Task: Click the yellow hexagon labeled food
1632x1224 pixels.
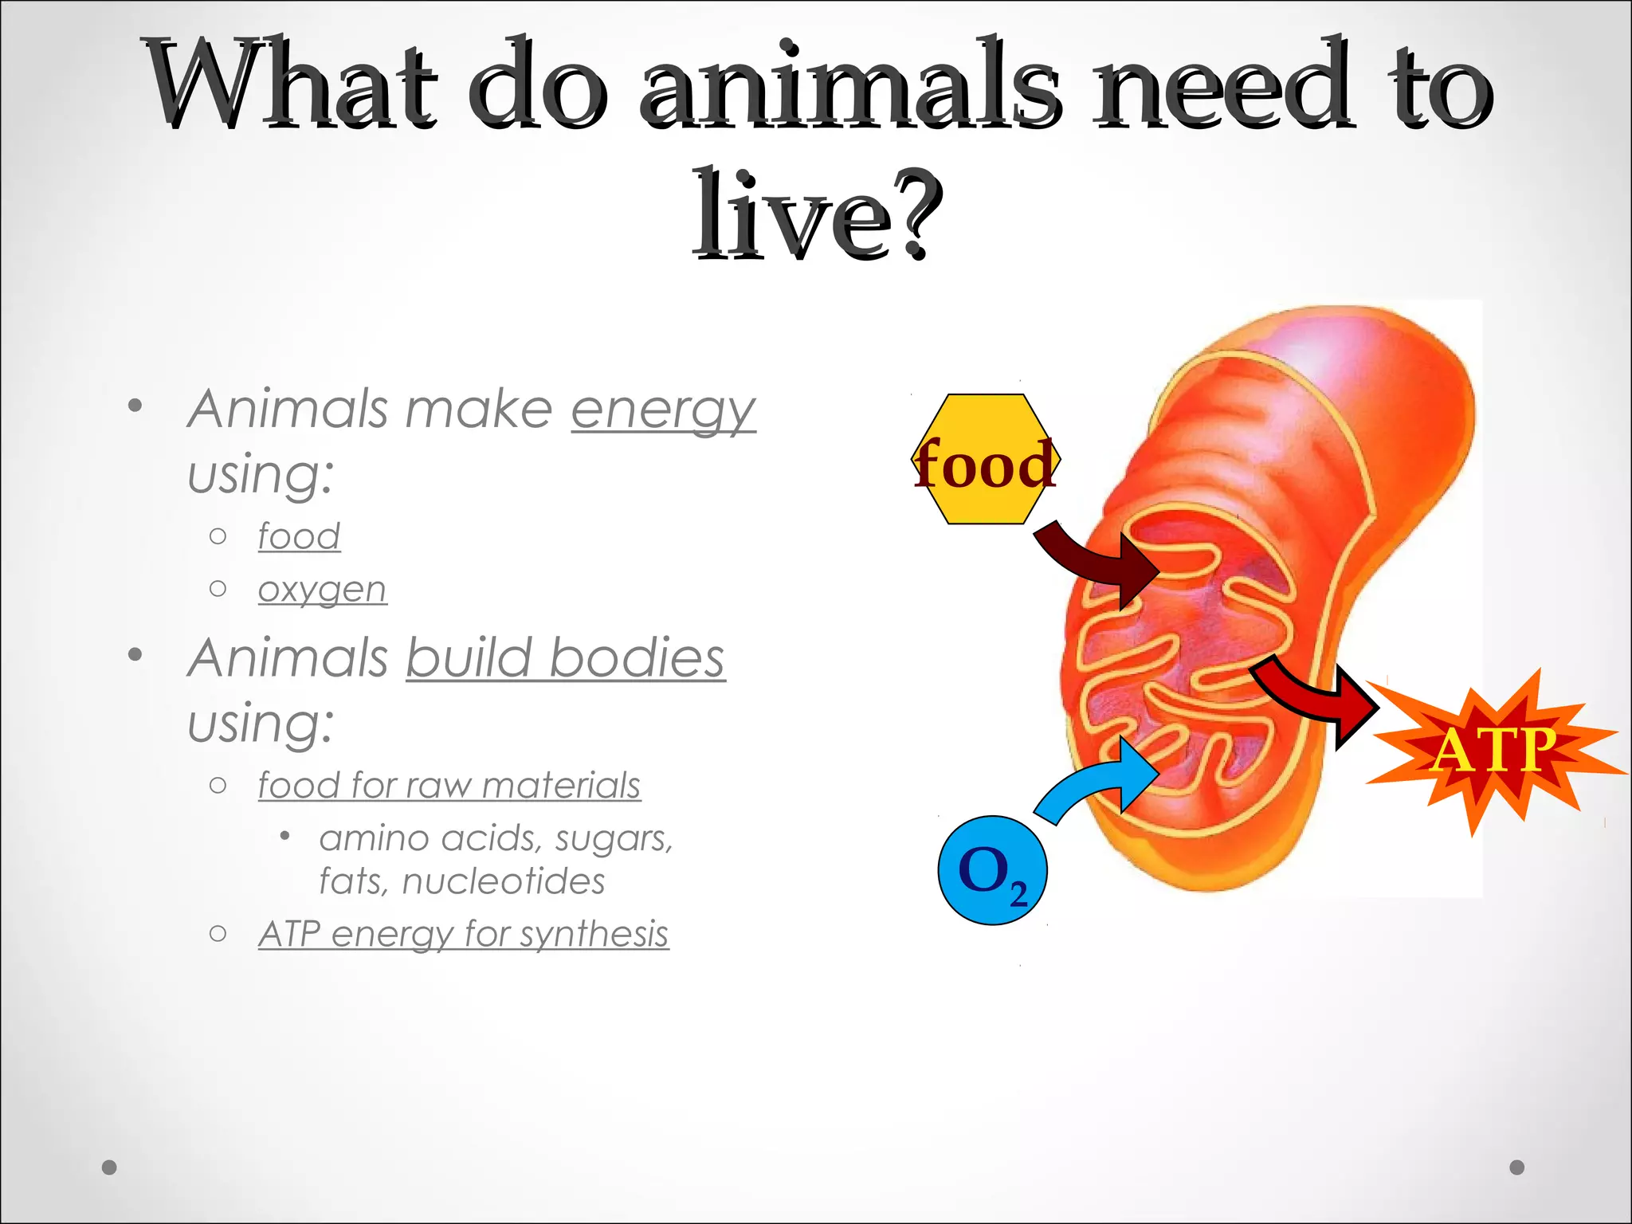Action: (985, 459)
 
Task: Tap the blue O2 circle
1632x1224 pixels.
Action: (992, 870)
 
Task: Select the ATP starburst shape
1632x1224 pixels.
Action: (1493, 751)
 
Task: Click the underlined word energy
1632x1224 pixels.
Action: (663, 410)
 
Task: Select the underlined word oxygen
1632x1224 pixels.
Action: (322, 590)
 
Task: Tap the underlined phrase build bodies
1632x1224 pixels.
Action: (566, 658)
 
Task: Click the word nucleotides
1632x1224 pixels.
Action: (504, 881)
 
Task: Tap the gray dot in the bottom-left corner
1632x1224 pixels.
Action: (110, 1167)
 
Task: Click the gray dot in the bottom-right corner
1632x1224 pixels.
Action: (1517, 1167)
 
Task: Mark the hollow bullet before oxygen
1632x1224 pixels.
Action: (218, 589)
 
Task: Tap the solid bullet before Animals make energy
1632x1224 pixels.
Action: (135, 406)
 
